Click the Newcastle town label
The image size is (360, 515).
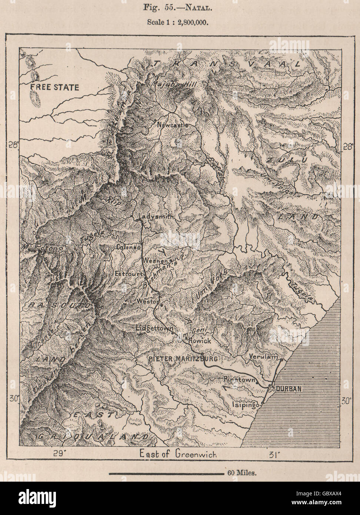pyautogui.click(x=173, y=125)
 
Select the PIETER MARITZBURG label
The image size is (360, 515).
pyautogui.click(x=183, y=359)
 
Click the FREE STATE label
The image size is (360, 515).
pyautogui.click(x=55, y=87)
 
